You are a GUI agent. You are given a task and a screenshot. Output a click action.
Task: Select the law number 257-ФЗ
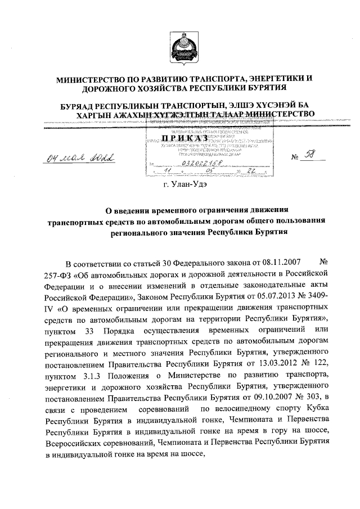pos(57,273)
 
